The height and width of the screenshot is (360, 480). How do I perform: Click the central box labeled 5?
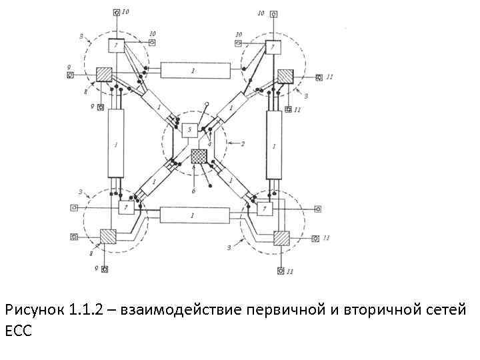click(x=190, y=129)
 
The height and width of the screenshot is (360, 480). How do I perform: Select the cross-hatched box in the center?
click(x=199, y=157)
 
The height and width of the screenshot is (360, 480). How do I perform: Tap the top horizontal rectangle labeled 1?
click(x=193, y=70)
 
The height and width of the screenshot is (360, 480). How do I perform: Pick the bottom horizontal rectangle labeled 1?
click(x=193, y=215)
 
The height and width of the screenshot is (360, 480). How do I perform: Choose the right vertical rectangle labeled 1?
click(x=274, y=144)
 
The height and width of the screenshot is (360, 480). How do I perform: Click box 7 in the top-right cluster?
click(x=273, y=47)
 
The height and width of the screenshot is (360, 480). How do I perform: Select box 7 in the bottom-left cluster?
click(x=126, y=208)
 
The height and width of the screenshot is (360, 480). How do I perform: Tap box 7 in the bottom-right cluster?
click(x=265, y=209)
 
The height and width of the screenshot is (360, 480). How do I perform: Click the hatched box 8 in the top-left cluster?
click(x=103, y=75)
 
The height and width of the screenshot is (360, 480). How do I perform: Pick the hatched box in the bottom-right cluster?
click(x=281, y=238)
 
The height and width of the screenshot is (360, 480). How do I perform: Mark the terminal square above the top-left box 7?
click(x=116, y=13)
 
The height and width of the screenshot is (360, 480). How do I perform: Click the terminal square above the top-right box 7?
click(x=273, y=13)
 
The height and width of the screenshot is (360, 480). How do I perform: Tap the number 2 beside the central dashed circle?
click(x=243, y=143)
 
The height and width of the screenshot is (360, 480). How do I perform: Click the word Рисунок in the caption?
click(x=33, y=311)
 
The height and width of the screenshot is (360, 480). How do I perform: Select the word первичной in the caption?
click(x=283, y=311)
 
